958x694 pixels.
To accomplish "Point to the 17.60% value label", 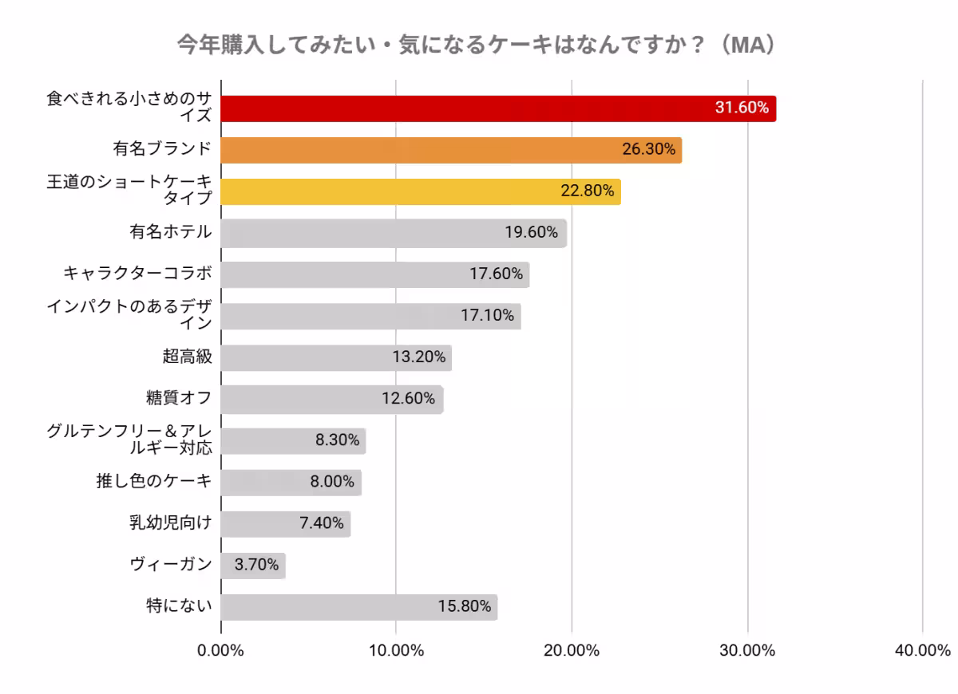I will (496, 274).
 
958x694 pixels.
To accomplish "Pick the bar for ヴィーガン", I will (252, 566).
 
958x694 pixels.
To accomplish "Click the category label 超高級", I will (187, 357).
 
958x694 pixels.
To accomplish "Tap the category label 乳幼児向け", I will (171, 523).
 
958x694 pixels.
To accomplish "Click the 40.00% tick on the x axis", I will (922, 650).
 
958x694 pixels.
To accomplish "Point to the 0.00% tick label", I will (220, 650).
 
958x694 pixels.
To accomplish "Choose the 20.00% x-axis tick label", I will (572, 650).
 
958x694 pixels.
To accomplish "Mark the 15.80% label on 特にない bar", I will (464, 607).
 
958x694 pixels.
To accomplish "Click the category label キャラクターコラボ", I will (138, 274).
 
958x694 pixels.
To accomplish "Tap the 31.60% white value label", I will (742, 108).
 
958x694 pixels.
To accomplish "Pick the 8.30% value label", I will (337, 440).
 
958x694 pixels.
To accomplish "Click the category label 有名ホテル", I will (171, 232).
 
